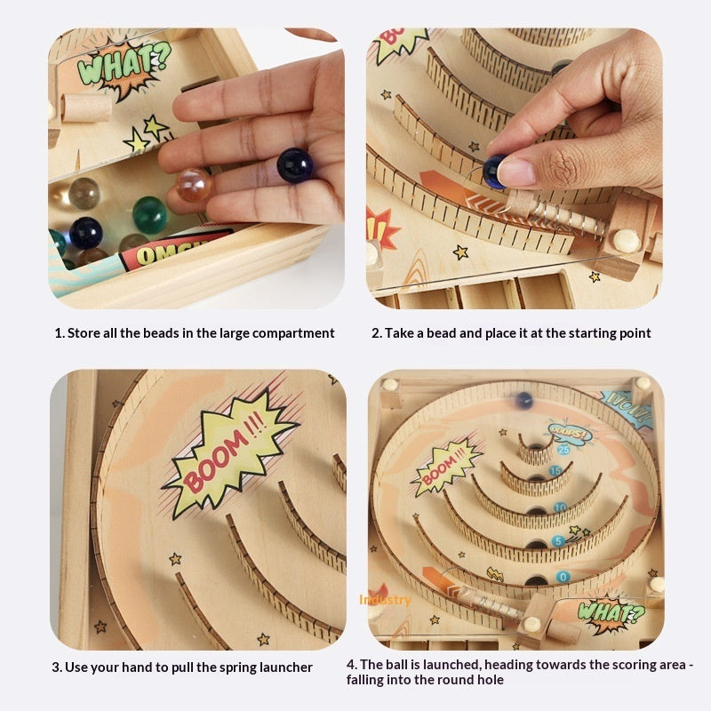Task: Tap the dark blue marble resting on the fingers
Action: coord(294,165)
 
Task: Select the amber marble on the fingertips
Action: coord(193,185)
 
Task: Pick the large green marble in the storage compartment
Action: coord(150,215)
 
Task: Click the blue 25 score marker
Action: coord(563,451)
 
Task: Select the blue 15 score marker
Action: coord(555,471)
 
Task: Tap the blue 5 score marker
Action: coord(559,541)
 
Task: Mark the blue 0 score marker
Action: coord(563,577)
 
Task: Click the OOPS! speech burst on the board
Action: coord(569,433)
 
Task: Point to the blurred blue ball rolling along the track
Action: coord(524,401)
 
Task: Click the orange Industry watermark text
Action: coord(385,600)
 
